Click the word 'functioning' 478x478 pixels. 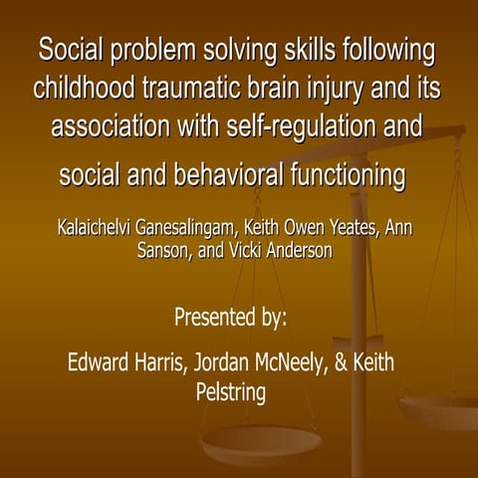click(x=351, y=175)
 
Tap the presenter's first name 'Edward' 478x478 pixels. click(x=99, y=361)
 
